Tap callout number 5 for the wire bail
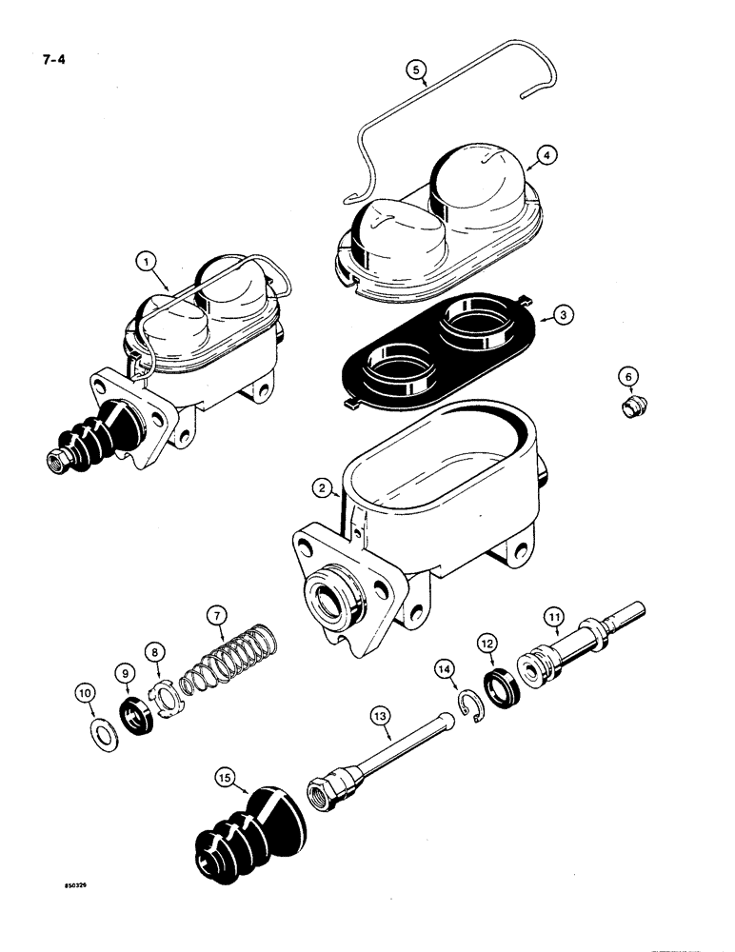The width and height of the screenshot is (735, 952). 414,69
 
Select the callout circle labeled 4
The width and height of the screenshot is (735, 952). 546,152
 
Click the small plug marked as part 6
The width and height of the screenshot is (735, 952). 629,409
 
